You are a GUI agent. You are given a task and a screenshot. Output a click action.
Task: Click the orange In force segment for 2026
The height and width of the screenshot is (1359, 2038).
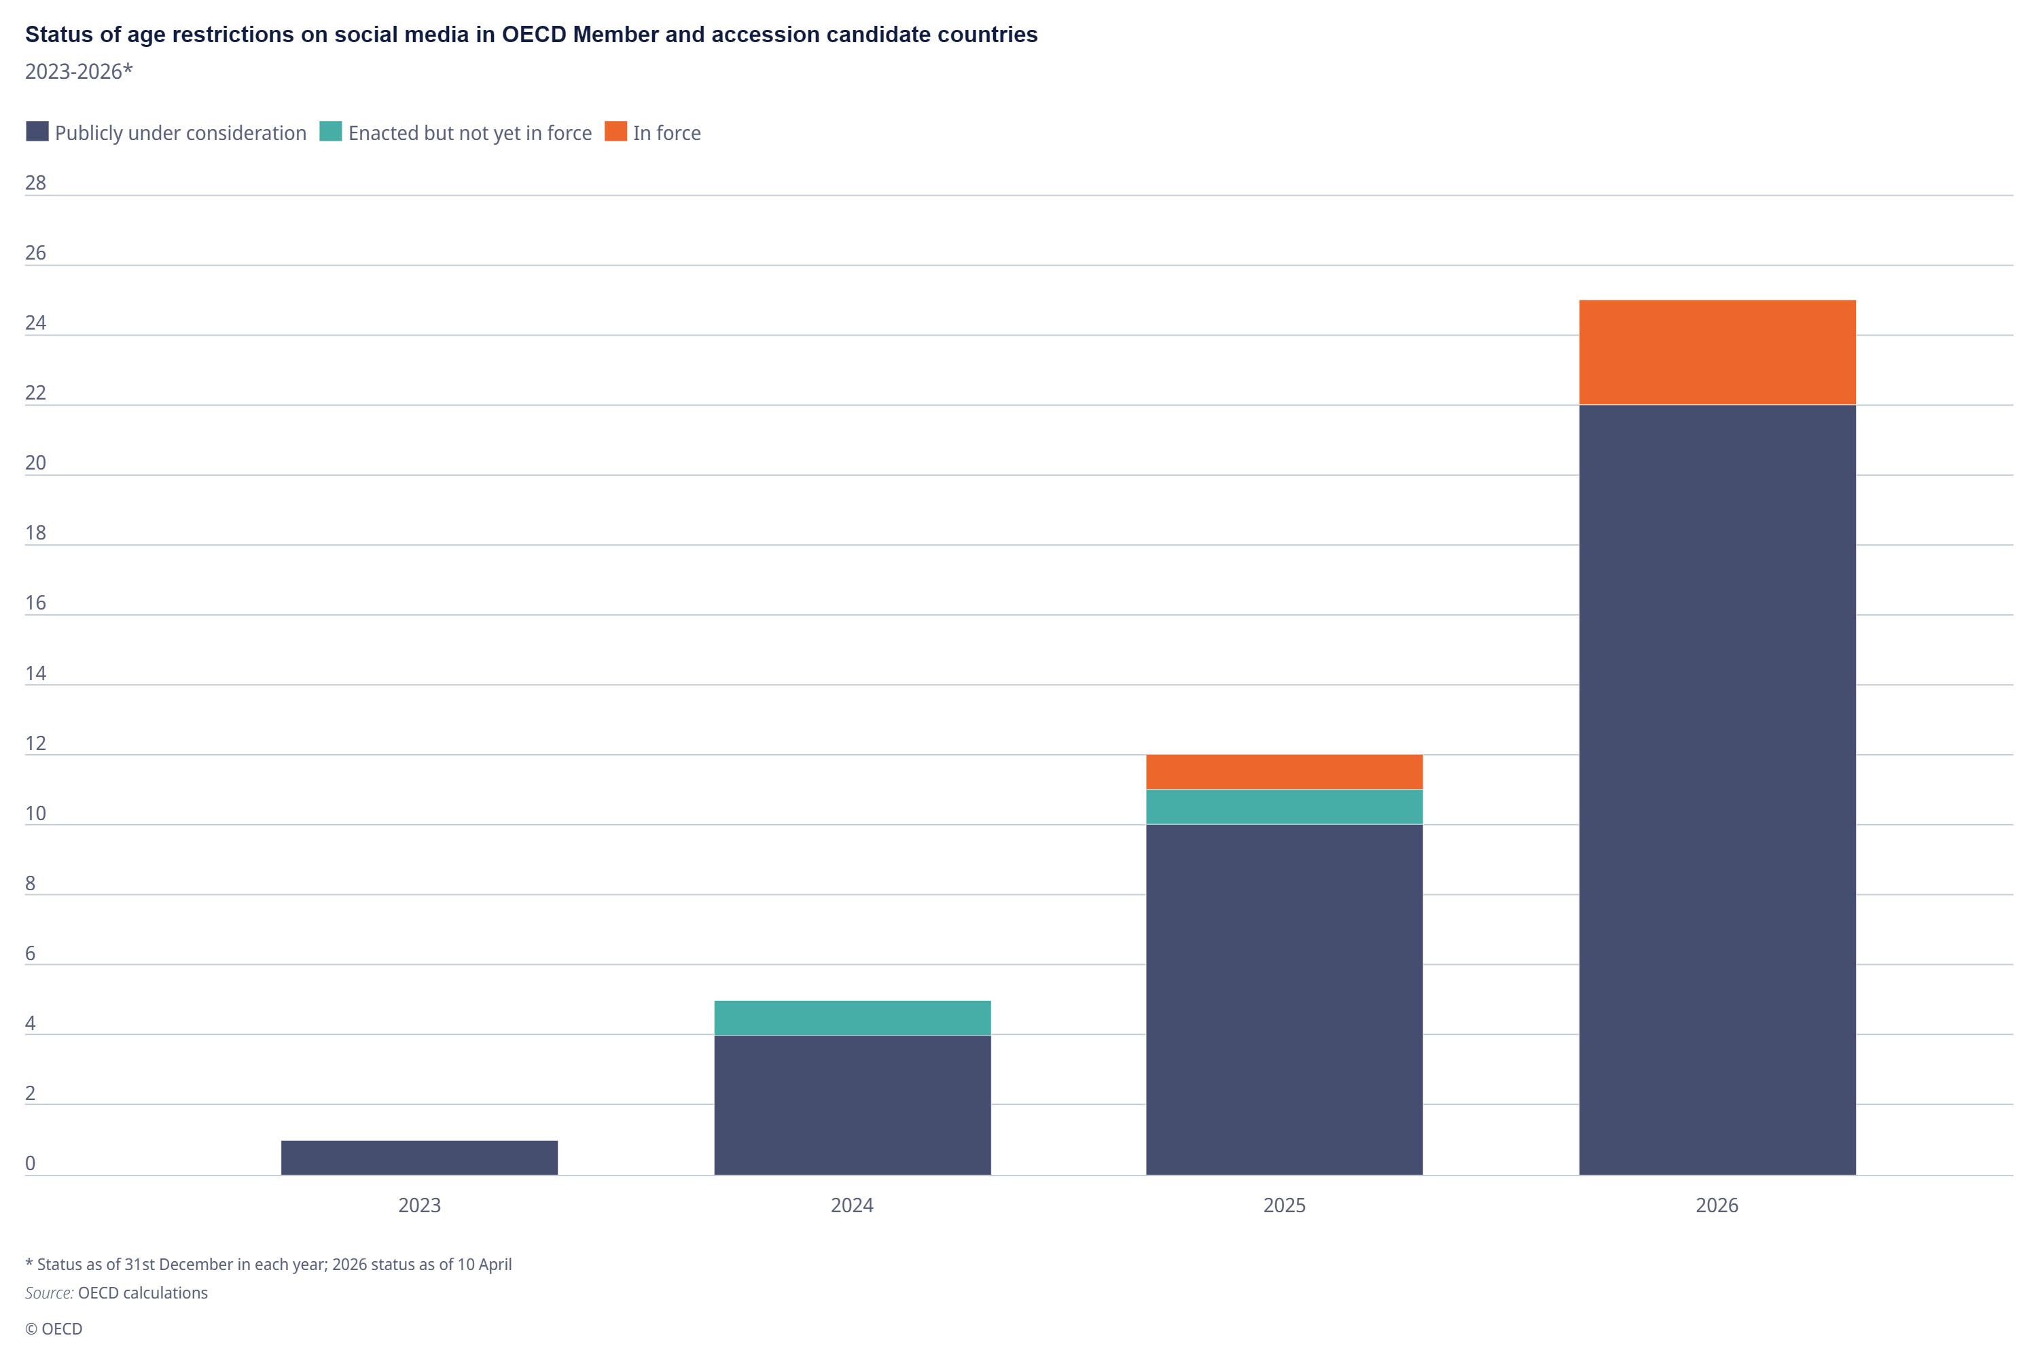tap(1717, 353)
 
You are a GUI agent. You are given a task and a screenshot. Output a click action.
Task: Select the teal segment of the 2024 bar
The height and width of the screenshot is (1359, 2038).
tap(853, 1017)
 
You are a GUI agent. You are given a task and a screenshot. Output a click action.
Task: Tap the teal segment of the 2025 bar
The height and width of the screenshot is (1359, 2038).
tap(1284, 807)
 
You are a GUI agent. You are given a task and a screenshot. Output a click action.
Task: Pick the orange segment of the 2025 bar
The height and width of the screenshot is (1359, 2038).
tap(1284, 772)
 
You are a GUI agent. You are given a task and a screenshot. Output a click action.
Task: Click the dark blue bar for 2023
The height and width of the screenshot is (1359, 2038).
tap(419, 1158)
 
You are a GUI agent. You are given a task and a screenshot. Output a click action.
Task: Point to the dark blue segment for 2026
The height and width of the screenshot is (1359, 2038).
tap(1717, 790)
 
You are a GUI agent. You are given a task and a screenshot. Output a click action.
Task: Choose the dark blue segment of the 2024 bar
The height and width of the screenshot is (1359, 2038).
tap(853, 1105)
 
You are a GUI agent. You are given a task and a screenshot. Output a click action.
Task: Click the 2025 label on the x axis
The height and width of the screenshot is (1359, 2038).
tap(1284, 1205)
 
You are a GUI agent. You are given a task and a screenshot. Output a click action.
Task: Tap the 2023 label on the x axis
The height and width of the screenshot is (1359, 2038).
tap(419, 1205)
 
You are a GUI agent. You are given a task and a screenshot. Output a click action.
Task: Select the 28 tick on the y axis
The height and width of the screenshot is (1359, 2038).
tap(35, 183)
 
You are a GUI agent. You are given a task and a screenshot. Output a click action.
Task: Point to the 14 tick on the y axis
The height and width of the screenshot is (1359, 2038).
tap(35, 673)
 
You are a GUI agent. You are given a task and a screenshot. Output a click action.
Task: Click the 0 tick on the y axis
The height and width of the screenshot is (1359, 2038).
tap(31, 1163)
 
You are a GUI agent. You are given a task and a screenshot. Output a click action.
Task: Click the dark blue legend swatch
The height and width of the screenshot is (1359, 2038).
tap(37, 131)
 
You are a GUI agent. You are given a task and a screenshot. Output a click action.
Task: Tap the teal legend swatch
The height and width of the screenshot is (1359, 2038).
tap(331, 131)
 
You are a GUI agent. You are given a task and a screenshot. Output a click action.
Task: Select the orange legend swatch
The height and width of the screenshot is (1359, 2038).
tap(616, 131)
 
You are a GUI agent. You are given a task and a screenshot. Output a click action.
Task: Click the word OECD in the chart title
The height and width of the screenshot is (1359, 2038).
tap(534, 35)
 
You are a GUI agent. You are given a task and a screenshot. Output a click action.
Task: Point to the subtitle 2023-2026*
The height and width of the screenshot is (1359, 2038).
tap(79, 71)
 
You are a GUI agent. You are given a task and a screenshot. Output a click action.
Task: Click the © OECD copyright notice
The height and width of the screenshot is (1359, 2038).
tap(54, 1328)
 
